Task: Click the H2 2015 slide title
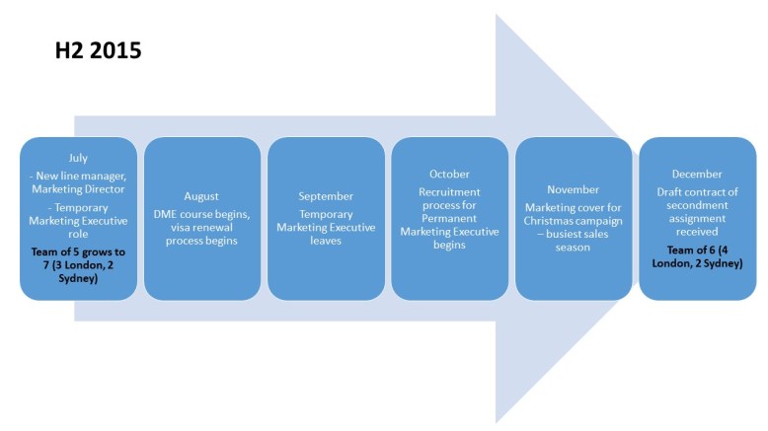(98, 50)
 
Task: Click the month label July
(78, 158)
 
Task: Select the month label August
(201, 196)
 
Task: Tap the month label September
(326, 196)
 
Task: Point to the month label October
(450, 174)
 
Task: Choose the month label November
(574, 188)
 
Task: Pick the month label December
(698, 174)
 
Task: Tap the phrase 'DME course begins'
(201, 212)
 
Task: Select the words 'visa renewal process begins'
(201, 234)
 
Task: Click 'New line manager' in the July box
(82, 174)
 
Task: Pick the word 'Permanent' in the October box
(450, 219)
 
